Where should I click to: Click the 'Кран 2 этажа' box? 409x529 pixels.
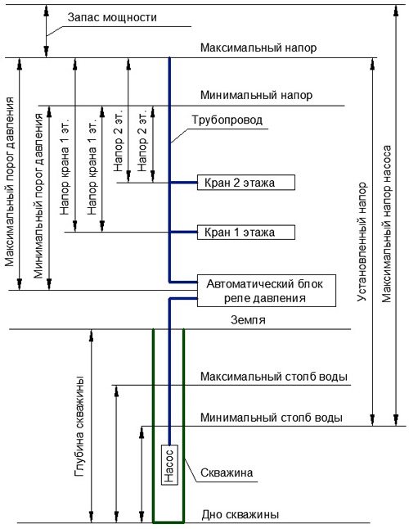[246, 183]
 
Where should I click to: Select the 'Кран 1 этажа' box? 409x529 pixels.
[246, 232]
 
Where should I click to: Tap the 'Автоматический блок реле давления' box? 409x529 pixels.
[266, 291]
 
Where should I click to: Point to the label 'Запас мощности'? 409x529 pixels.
[112, 17]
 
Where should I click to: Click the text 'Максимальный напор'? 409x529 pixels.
[258, 47]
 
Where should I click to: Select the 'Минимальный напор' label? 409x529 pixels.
[256, 95]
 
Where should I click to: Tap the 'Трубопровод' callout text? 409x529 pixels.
[227, 120]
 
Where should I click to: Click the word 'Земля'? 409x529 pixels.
[248, 320]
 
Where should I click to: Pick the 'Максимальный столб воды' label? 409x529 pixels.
[274, 377]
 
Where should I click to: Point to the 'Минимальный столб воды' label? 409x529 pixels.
[272, 418]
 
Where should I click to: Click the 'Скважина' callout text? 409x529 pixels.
[227, 472]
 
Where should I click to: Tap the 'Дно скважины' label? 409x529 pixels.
[240, 514]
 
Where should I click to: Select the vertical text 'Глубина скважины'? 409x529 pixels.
[79, 426]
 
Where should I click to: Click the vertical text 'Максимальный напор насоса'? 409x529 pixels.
[386, 224]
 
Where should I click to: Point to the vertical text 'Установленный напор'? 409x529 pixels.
[362, 242]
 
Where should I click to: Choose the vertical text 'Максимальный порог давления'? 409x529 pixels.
[10, 182]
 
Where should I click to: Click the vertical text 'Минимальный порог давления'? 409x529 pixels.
[38, 196]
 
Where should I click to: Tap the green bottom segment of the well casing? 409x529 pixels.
[169, 522]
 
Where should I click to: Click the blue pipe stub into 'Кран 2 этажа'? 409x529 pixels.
[183, 183]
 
